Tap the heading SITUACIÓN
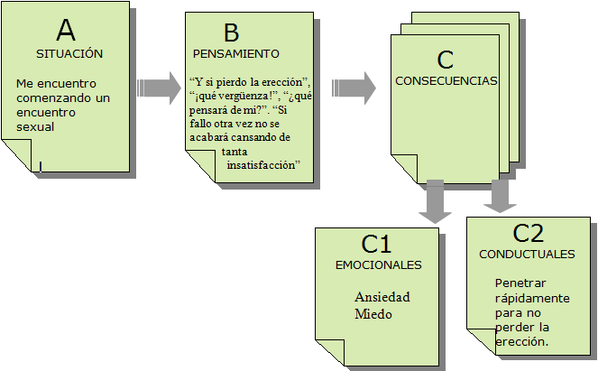pyautogui.click(x=69, y=53)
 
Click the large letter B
pyautogui.click(x=231, y=33)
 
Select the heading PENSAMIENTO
pyautogui.click(x=235, y=53)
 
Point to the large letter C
pyautogui.click(x=444, y=60)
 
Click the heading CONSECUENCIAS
pyautogui.click(x=446, y=80)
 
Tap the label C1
pyautogui.click(x=376, y=245)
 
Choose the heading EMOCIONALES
pyautogui.click(x=378, y=265)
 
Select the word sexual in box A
pyautogui.click(x=36, y=126)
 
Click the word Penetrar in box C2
pyautogui.click(x=520, y=283)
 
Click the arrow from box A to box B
pyautogui.click(x=159, y=87)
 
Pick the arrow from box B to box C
pyautogui.click(x=354, y=87)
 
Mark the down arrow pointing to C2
pyautogui.click(x=496, y=196)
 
